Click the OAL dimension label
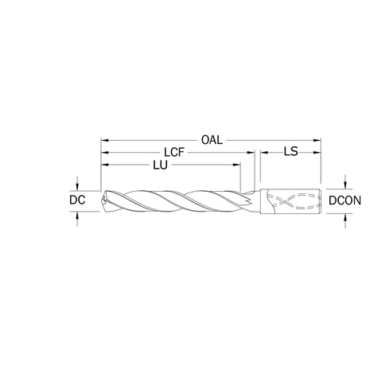(212, 140)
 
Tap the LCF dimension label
(174, 153)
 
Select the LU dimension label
(160, 165)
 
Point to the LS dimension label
(291, 152)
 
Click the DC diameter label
(77, 200)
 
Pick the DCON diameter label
(345, 201)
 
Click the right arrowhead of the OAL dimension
(317, 140)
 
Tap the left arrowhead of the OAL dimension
(104, 140)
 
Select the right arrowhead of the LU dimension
(237, 165)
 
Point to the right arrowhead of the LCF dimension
(251, 153)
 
